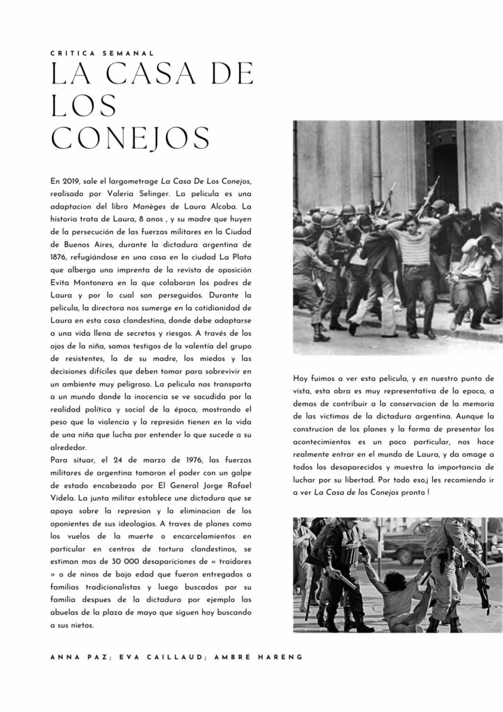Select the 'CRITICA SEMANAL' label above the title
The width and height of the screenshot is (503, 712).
tap(102, 53)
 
